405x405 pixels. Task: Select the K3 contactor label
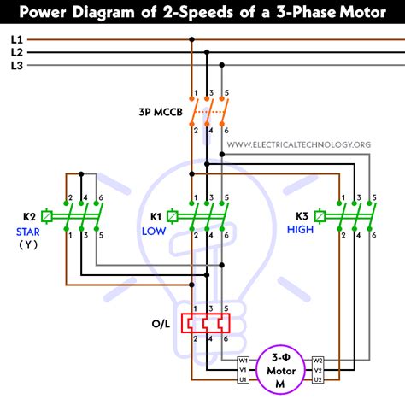pyautogui.click(x=302, y=216)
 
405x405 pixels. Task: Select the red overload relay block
pyautogui.click(x=208, y=322)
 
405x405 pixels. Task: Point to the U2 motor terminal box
pyautogui.click(x=318, y=379)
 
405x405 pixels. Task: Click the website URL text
pyautogui.click(x=298, y=145)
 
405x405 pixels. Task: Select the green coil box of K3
pyautogui.click(x=322, y=216)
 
